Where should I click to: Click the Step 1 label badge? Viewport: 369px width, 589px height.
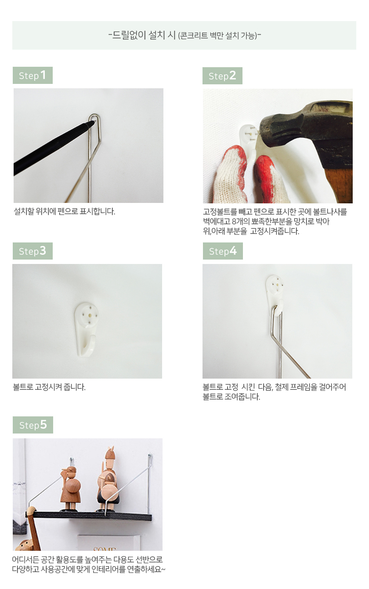pyautogui.click(x=33, y=76)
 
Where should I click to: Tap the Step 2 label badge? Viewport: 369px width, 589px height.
pyautogui.click(x=222, y=76)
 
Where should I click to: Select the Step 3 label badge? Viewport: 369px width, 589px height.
pyautogui.click(x=33, y=251)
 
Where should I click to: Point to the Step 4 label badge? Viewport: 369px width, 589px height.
pyautogui.click(x=223, y=251)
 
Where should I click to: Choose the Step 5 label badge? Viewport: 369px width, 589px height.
pyautogui.click(x=33, y=425)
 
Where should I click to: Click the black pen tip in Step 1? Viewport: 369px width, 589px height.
pyautogui.click(x=92, y=123)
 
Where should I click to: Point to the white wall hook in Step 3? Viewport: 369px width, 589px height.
pyautogui.click(x=87, y=327)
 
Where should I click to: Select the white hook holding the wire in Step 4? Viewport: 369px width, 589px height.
pyautogui.click(x=275, y=294)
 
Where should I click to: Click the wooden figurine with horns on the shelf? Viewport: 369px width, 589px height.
pyautogui.click(x=108, y=482)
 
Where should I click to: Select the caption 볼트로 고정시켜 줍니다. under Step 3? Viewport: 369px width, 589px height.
pyautogui.click(x=49, y=387)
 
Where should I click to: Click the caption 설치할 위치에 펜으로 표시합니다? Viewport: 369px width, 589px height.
pyautogui.click(x=65, y=211)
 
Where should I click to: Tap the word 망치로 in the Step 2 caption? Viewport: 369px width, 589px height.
pyautogui.click(x=304, y=221)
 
